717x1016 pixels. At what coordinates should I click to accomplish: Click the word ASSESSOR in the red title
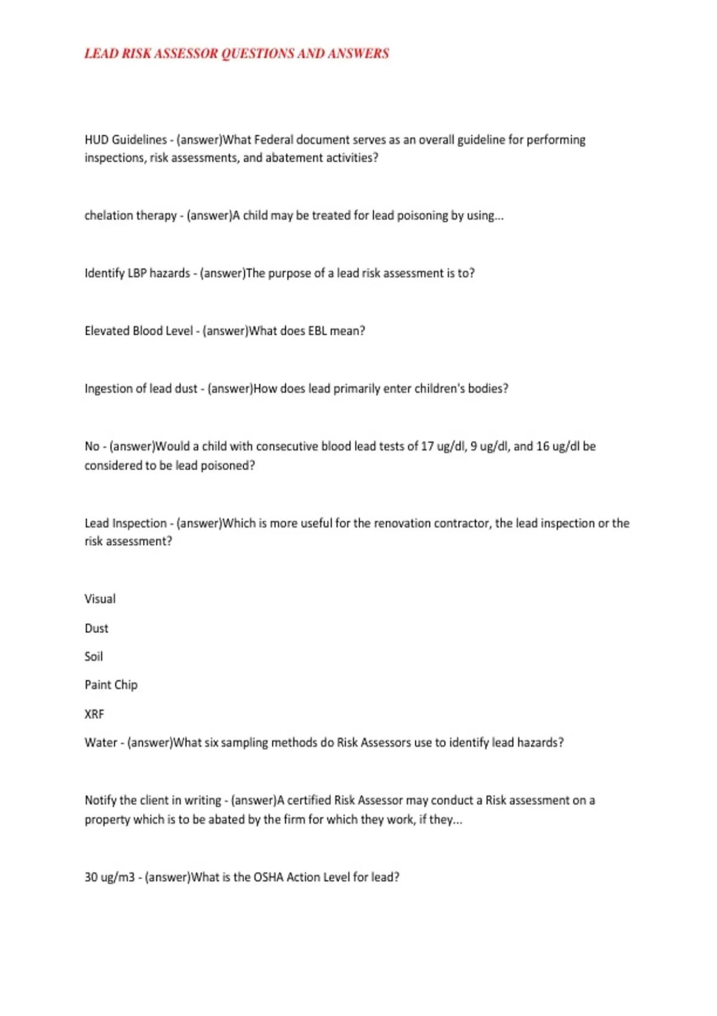[186, 54]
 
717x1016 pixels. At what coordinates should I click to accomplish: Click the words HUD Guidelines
[125, 140]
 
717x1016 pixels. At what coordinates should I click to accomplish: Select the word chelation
[109, 216]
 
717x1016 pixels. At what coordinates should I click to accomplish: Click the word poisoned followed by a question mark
[228, 466]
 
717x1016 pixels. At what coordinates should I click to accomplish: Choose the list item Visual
[100, 599]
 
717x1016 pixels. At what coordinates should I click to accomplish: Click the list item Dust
[96, 628]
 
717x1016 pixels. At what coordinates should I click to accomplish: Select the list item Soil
[93, 656]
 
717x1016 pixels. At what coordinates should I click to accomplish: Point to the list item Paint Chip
[111, 685]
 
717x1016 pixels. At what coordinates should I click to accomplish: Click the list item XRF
[94, 714]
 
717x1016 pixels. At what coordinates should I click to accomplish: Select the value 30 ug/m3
[109, 877]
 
